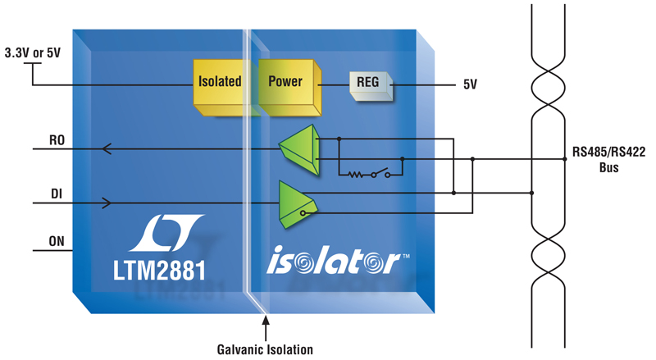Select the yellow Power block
[289, 87]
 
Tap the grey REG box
[371, 85]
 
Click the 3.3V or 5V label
[33, 52]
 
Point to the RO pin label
[57, 139]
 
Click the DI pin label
[57, 194]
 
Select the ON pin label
[57, 241]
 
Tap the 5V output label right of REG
[470, 84]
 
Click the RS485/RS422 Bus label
[608, 159]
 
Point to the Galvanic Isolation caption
[265, 349]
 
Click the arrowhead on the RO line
[107, 148]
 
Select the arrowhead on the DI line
[107, 203]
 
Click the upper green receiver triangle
[301, 149]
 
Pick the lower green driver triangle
[297, 204]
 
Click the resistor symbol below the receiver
[356, 174]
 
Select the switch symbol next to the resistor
[380, 172]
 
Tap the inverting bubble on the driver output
[303, 213]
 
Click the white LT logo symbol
[166, 233]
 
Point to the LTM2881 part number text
[159, 270]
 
